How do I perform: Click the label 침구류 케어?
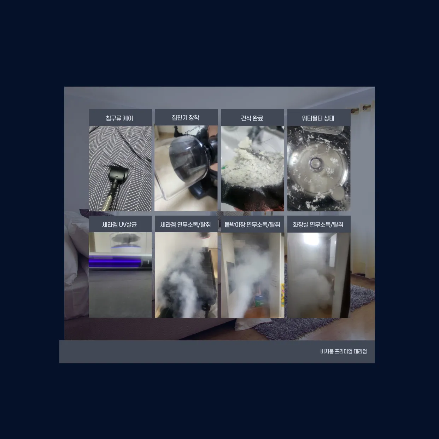point(119,118)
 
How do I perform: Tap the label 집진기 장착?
point(186,118)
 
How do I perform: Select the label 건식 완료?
point(252,118)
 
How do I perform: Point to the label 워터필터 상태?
point(318,118)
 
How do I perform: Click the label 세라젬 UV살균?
point(119,225)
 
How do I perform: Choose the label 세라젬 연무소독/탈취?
point(186,225)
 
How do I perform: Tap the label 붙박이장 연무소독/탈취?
point(252,225)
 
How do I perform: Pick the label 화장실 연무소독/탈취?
point(318,225)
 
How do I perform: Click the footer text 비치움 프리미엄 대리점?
point(344,351)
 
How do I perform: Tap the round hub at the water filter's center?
point(316,163)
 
